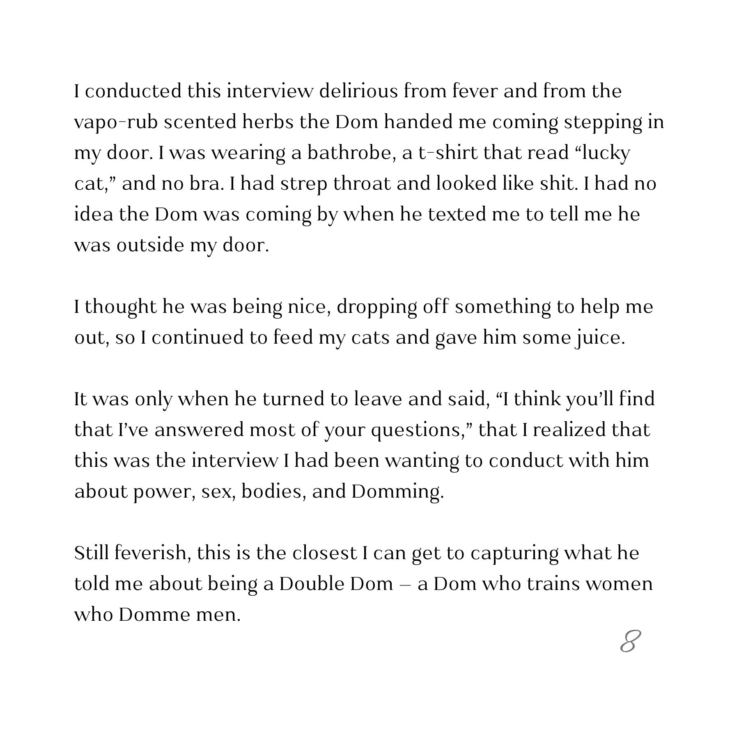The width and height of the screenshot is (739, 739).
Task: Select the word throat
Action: click(362, 184)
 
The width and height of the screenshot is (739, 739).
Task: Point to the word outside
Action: click(150, 245)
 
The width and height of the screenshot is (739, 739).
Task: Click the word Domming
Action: click(397, 491)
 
